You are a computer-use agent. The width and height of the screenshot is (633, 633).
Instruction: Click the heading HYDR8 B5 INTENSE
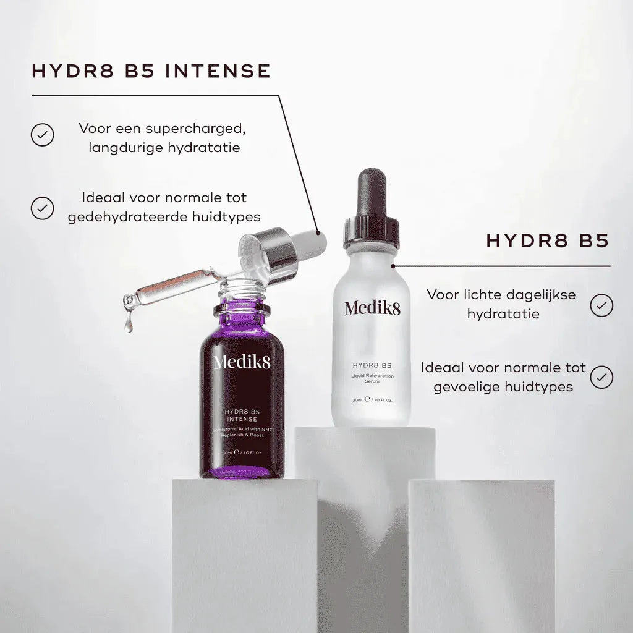click(x=151, y=71)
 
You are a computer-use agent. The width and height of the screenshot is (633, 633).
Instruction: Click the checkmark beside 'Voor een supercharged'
click(x=42, y=134)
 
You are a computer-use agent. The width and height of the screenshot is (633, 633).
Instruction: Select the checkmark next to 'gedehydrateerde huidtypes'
click(x=42, y=208)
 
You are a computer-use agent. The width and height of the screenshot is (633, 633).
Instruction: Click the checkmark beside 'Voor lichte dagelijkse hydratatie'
click(x=601, y=305)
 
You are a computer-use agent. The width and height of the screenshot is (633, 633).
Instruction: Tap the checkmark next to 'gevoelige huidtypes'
click(x=601, y=377)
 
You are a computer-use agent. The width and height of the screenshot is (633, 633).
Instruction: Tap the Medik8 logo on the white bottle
click(x=372, y=307)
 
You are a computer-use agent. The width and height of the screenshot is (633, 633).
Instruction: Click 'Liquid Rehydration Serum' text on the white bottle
click(x=372, y=379)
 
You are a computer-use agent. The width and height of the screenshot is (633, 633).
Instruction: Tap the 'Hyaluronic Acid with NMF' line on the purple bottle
click(x=242, y=430)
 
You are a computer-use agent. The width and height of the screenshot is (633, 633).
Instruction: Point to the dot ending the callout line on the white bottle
click(x=393, y=266)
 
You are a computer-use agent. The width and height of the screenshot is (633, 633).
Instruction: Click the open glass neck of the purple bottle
click(x=241, y=288)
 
